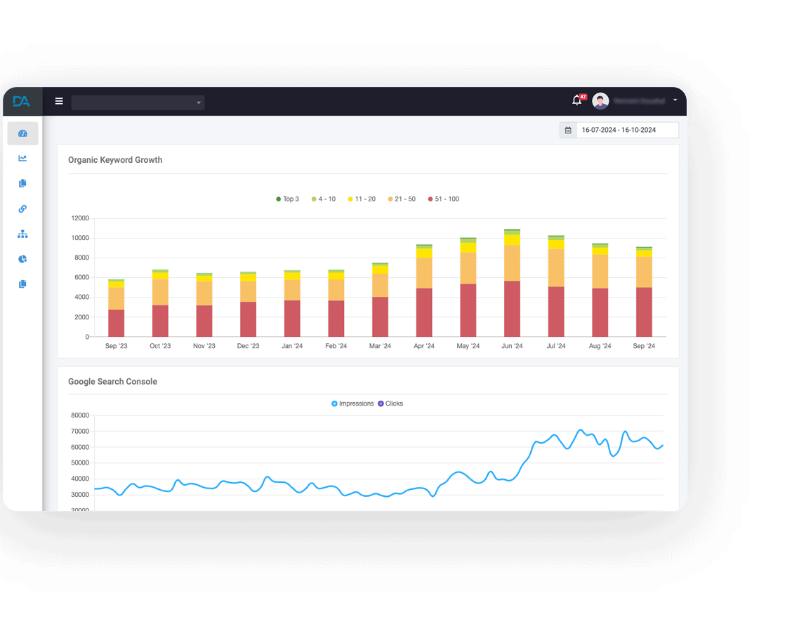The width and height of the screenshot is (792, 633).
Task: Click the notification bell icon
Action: tap(577, 101)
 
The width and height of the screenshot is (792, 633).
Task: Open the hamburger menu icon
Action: tap(59, 102)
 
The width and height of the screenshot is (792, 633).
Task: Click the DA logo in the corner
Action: tap(22, 102)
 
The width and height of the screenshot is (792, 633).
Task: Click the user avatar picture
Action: tap(600, 101)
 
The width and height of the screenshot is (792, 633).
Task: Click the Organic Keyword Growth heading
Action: tap(115, 160)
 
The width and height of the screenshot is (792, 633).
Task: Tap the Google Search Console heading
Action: tap(112, 382)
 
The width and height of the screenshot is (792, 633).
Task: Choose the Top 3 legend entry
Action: tap(288, 199)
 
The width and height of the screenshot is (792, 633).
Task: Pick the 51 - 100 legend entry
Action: tap(443, 199)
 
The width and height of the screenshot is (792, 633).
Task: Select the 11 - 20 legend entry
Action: tap(362, 199)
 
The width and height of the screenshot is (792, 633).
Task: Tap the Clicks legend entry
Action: tap(390, 404)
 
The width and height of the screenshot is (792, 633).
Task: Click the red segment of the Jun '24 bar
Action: tap(512, 309)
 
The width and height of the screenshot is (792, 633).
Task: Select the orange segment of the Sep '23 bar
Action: tap(117, 298)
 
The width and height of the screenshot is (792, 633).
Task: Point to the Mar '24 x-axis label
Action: tap(380, 346)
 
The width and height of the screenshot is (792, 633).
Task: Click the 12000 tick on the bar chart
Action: tap(80, 218)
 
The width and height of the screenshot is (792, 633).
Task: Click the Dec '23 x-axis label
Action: tap(248, 346)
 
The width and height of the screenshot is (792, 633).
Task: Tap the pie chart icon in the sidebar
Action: tap(22, 259)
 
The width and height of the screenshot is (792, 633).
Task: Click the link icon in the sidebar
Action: tap(22, 208)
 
